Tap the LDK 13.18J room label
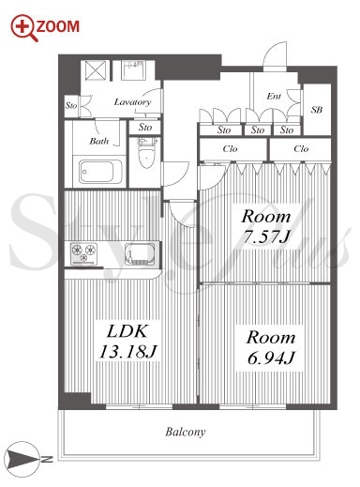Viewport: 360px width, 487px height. click(x=127, y=342)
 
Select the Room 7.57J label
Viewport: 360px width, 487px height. click(x=266, y=227)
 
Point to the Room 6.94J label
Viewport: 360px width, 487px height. click(x=271, y=347)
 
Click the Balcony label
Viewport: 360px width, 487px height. click(x=186, y=432)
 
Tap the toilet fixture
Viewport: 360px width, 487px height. click(x=145, y=152)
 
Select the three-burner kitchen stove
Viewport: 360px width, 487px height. click(x=83, y=252)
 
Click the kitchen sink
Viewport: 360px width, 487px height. click(x=141, y=254)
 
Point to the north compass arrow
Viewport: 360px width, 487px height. click(x=22, y=460)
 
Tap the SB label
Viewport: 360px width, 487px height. click(x=316, y=110)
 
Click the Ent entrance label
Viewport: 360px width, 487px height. click(x=274, y=96)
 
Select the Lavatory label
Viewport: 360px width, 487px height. click(x=132, y=102)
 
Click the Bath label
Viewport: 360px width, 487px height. click(x=99, y=141)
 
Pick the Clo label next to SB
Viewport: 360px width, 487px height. click(x=301, y=148)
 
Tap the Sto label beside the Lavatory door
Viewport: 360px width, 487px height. click(x=71, y=105)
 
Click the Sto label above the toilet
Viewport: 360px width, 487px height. click(x=145, y=128)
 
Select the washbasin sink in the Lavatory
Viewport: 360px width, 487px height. click(x=133, y=69)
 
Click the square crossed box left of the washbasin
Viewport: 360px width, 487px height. click(x=96, y=70)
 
